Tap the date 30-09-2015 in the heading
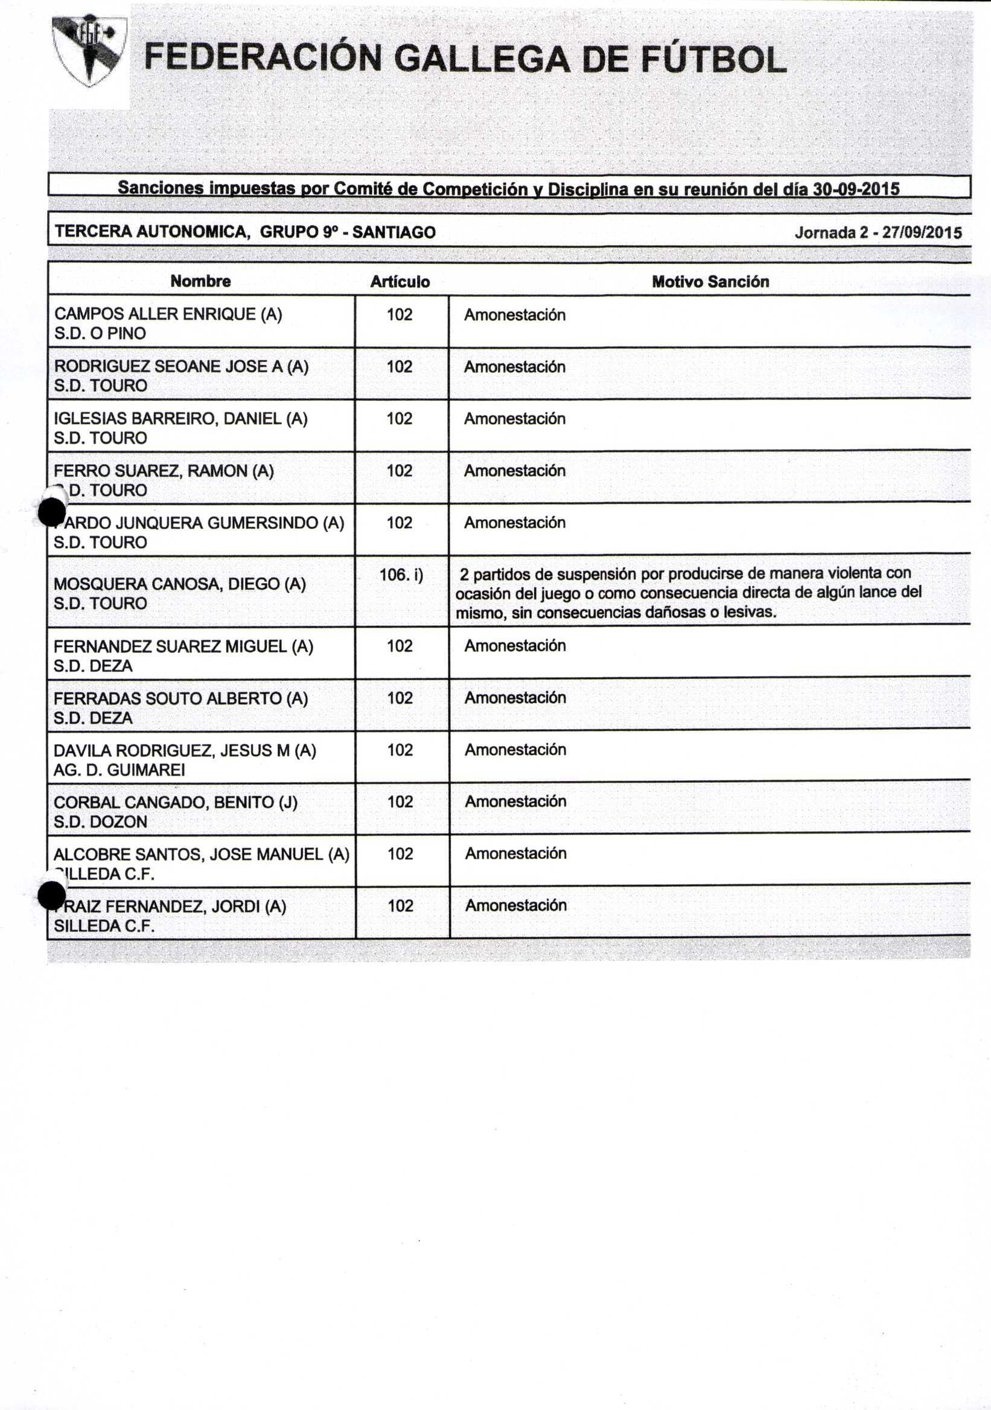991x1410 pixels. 856,189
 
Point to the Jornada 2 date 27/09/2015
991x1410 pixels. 922,233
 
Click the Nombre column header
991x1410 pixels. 201,281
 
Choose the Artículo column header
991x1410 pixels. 400,282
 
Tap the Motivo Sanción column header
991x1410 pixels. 710,282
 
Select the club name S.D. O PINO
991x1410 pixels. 100,333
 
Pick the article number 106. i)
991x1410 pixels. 401,575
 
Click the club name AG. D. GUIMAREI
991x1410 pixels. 119,770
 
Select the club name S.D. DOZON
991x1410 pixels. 100,822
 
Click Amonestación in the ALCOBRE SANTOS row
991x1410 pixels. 515,853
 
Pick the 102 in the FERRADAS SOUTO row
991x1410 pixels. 400,698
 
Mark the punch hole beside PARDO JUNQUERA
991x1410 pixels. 51,512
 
